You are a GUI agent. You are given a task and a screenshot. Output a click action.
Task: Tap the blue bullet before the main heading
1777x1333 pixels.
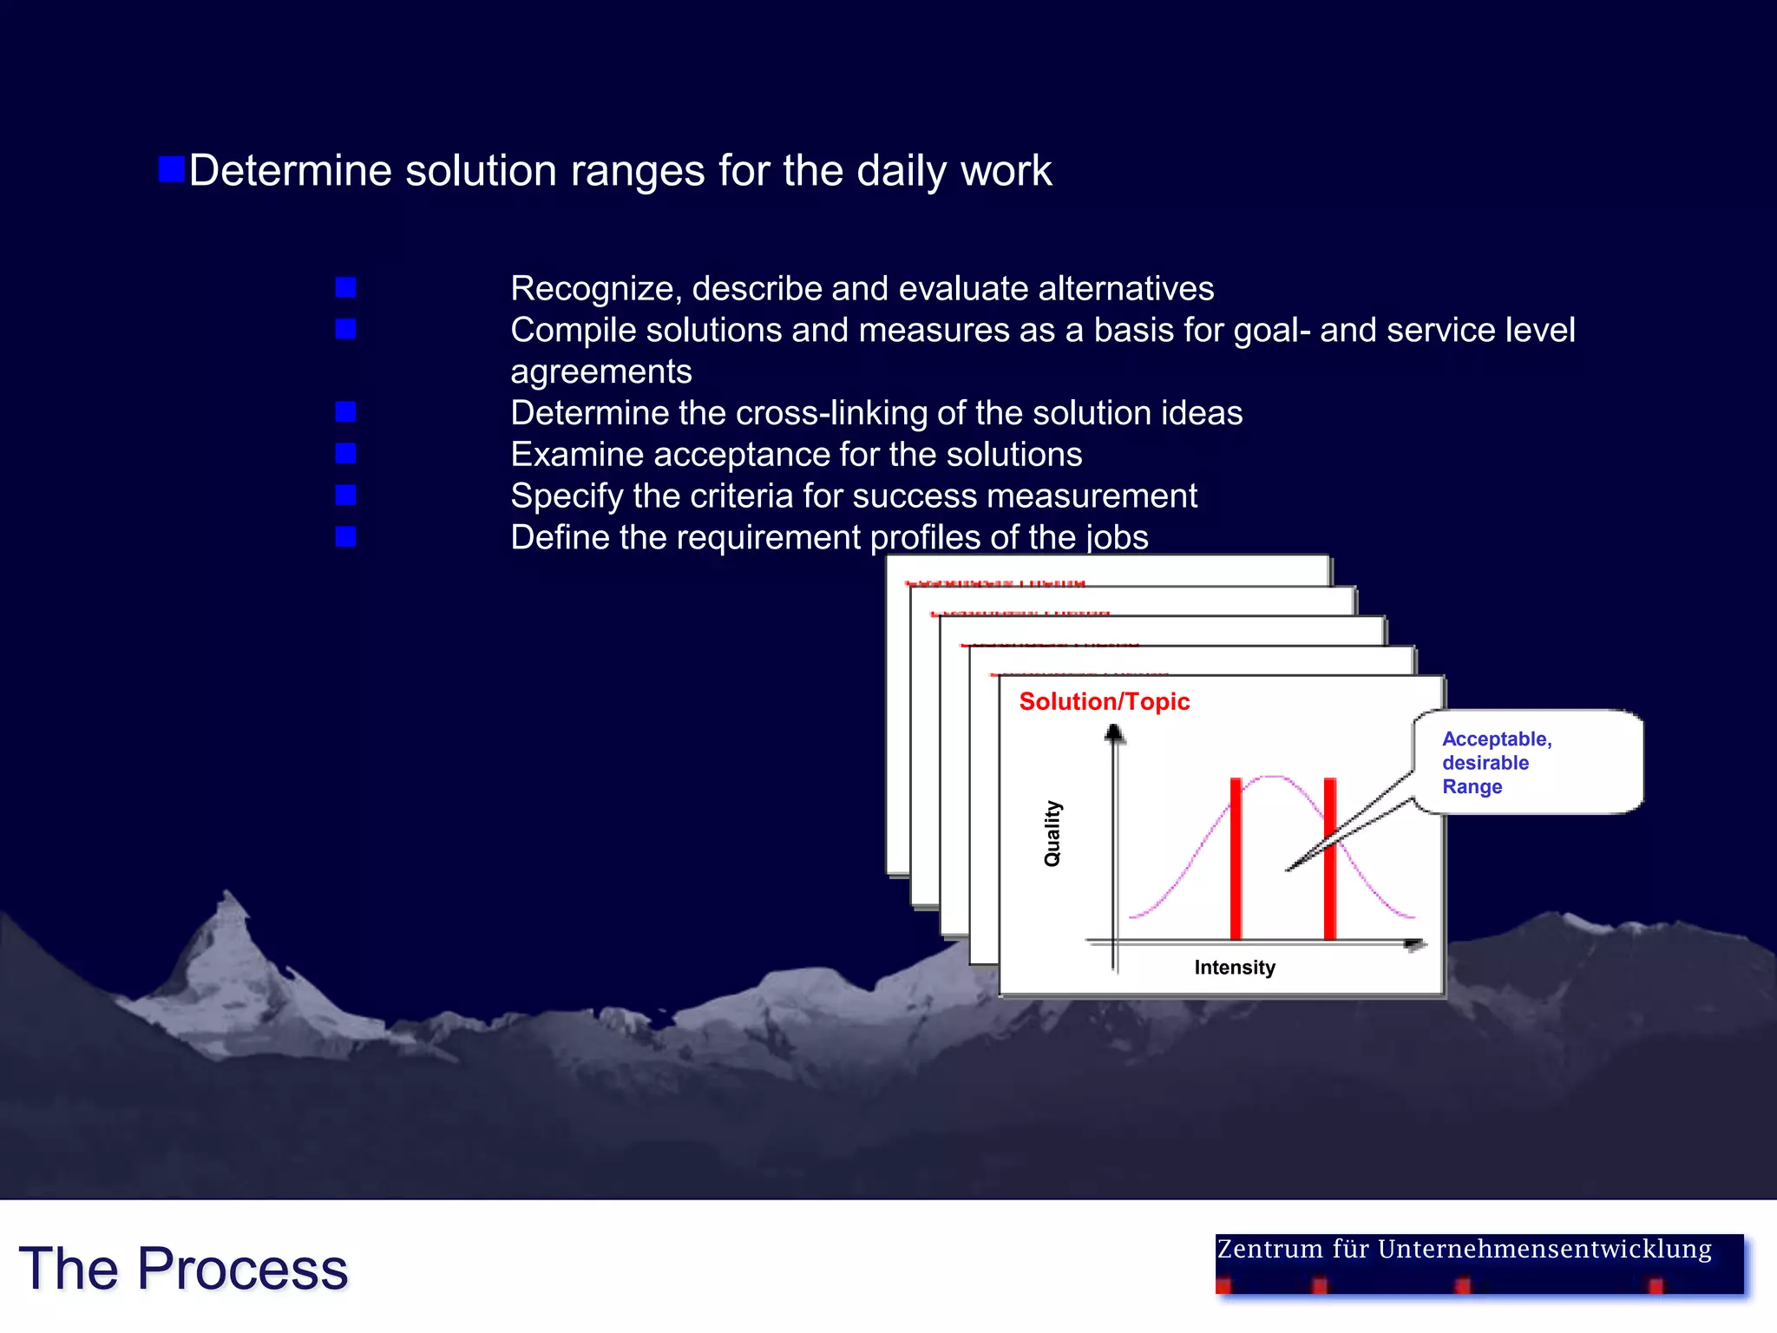coord(172,169)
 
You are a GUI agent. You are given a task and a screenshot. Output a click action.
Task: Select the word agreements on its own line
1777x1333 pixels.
coord(600,372)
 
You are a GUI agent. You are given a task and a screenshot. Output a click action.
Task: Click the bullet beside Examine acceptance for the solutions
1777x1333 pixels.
coord(345,454)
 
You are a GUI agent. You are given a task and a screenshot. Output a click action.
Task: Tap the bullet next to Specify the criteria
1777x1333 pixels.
coord(345,496)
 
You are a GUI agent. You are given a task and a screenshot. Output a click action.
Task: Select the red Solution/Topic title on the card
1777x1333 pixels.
coord(1104,701)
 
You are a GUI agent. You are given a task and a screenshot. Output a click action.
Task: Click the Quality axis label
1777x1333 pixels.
coord(1052,833)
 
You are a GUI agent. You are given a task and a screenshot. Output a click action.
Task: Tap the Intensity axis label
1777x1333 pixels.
coord(1234,968)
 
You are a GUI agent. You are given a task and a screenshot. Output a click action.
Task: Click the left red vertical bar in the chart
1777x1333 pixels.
coord(1236,859)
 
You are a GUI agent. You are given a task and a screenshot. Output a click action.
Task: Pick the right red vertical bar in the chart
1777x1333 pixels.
coord(1329,859)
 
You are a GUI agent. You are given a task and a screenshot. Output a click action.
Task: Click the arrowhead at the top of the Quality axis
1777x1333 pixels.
coord(1115,734)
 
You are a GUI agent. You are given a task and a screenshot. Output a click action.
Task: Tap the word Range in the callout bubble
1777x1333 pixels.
coord(1472,787)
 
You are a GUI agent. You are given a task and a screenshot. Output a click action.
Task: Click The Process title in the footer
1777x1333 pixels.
coord(183,1269)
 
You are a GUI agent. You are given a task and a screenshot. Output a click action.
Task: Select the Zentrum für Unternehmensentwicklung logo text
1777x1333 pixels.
coord(1464,1250)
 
